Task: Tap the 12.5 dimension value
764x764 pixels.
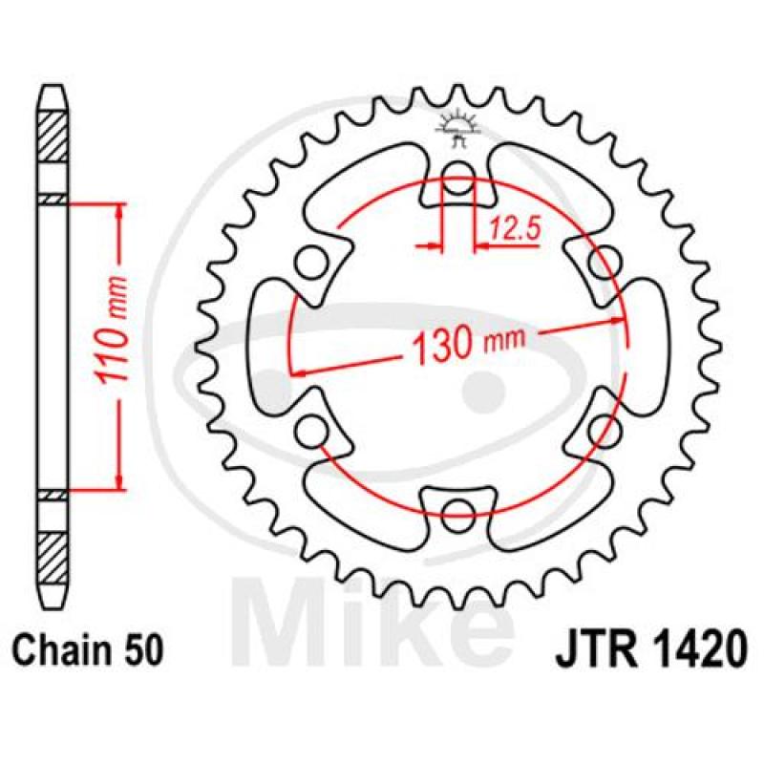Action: point(515,229)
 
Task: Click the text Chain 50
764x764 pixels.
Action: point(86,650)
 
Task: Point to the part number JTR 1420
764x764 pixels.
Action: point(651,650)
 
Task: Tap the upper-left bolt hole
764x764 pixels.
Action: point(309,263)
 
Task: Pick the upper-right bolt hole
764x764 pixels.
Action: point(605,263)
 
